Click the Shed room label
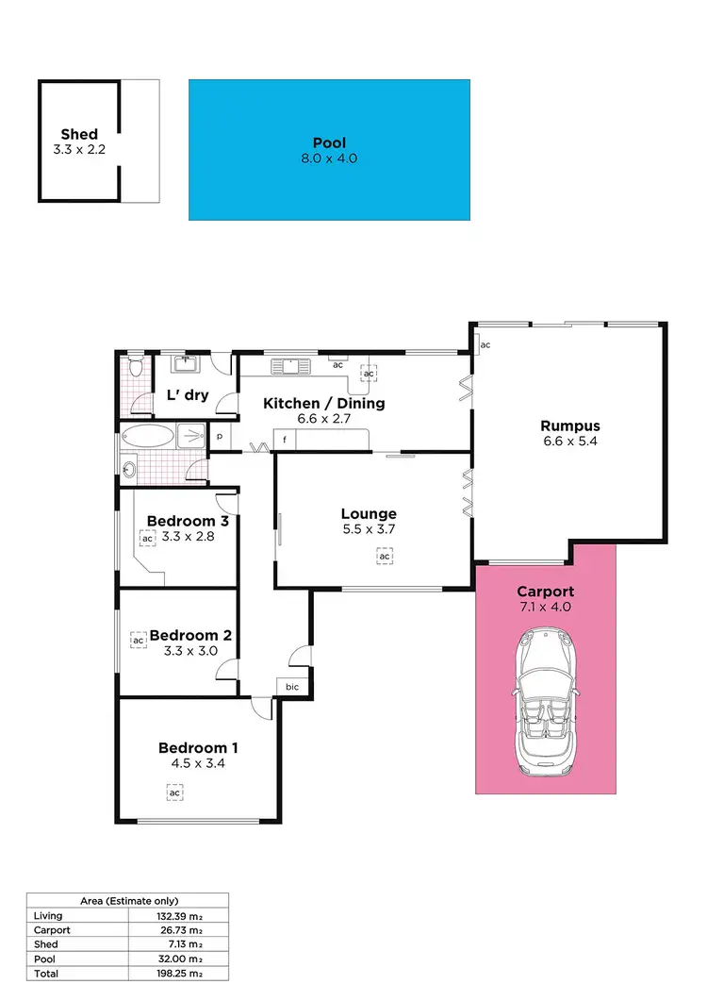point(79,135)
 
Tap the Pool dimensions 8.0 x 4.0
point(329,158)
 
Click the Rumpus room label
point(571,425)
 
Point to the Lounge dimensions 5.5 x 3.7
point(368,529)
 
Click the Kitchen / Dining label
point(311,404)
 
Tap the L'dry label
point(187,395)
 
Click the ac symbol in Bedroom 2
point(138,641)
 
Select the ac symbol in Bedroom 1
point(174,793)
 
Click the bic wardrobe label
point(292,687)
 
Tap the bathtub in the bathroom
point(149,437)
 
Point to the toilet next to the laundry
point(134,364)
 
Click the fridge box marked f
point(283,440)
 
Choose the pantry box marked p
point(220,438)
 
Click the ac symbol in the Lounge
point(385,558)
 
